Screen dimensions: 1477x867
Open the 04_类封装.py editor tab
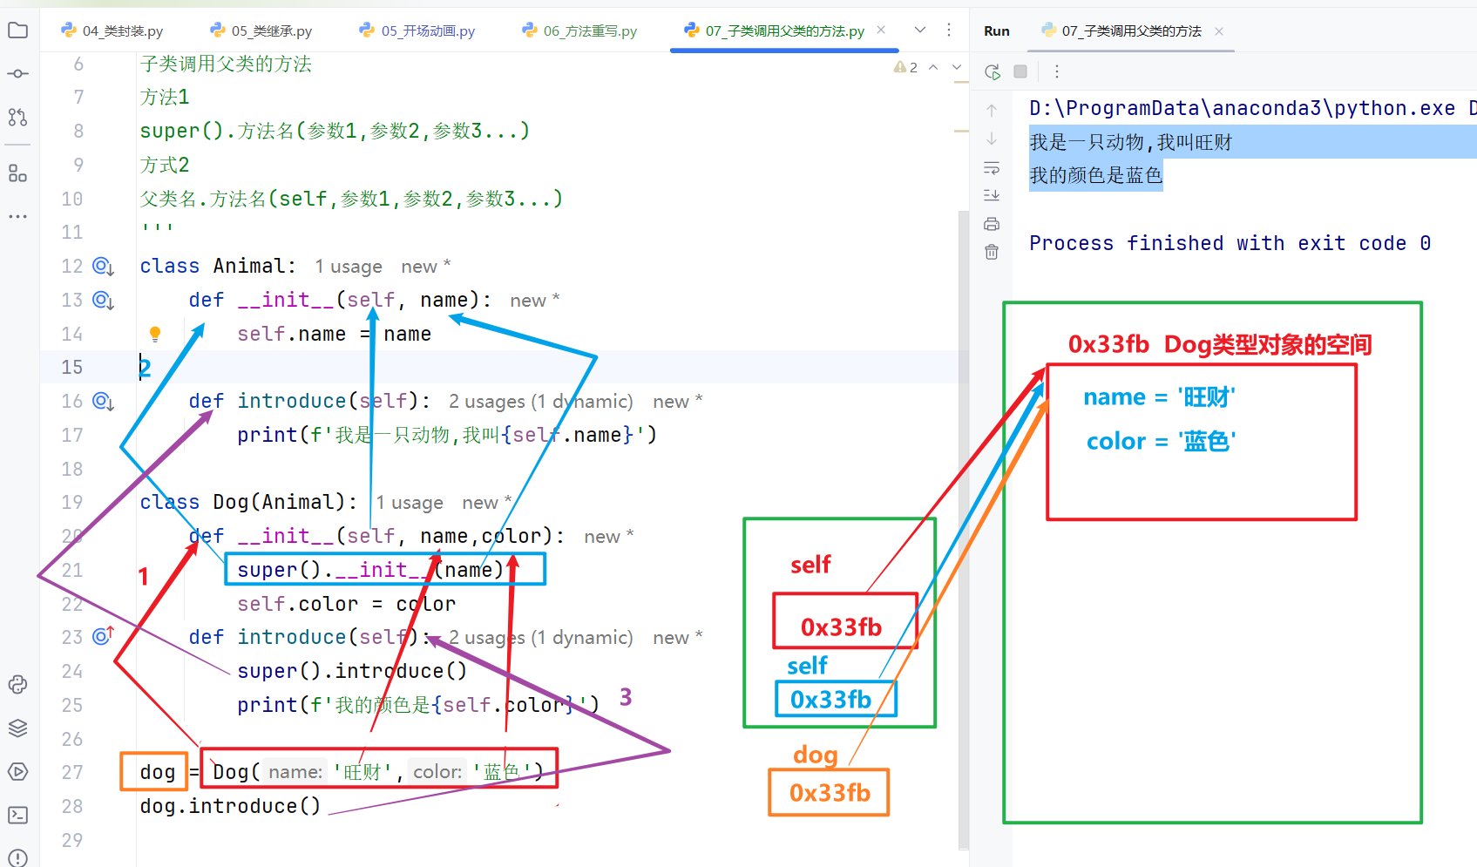click(112, 31)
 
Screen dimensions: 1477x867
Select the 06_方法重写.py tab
click(579, 31)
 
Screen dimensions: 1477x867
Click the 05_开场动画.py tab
click(417, 31)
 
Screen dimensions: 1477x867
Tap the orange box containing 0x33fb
click(829, 792)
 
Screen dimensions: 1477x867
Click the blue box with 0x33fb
click(836, 699)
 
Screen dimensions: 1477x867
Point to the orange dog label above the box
click(815, 755)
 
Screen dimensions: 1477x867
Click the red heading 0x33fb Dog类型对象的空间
click(1220, 344)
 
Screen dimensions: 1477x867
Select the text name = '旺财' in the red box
click(1159, 397)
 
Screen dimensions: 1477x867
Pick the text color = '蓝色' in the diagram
click(1162, 441)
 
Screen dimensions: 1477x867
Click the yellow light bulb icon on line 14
click(155, 335)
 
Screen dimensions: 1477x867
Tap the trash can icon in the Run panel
click(992, 252)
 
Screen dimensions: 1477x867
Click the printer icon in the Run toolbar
click(992, 224)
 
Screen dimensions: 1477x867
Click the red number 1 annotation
click(143, 577)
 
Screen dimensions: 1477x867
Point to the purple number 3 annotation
click(626, 696)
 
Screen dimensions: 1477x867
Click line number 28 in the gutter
click(71, 806)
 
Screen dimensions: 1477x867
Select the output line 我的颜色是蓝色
click(1096, 175)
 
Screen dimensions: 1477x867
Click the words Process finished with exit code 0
click(1230, 243)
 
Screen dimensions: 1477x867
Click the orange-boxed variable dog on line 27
click(157, 771)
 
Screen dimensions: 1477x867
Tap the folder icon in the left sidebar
click(17, 30)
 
